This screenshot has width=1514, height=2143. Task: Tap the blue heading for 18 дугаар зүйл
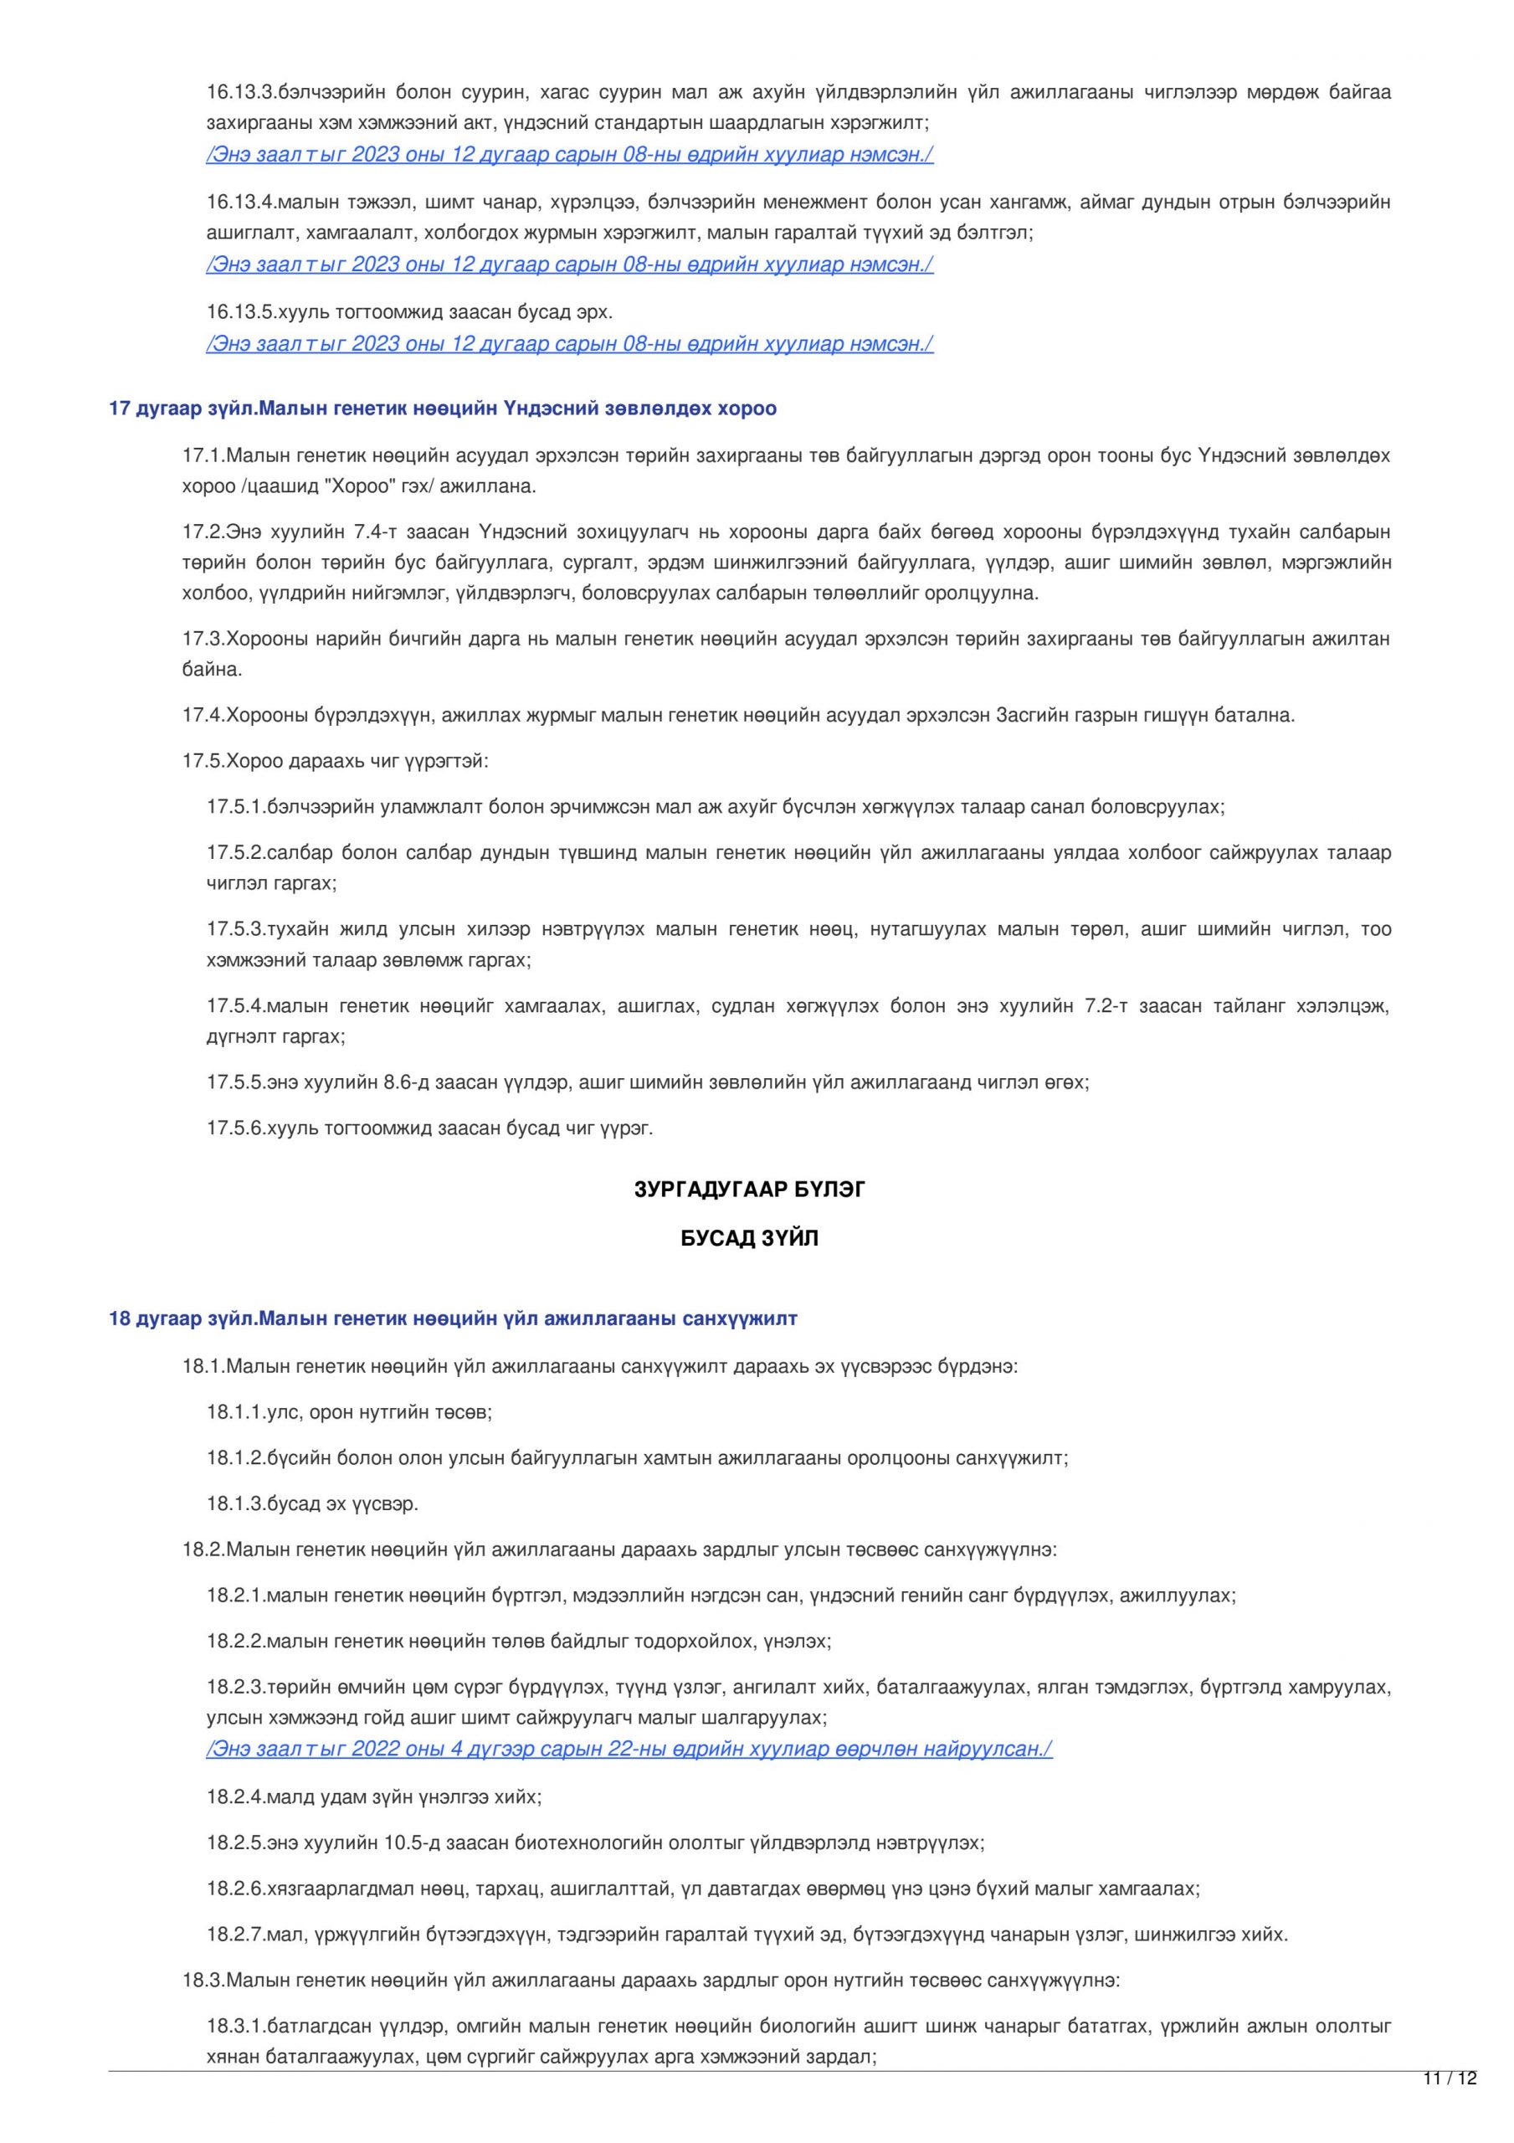[453, 1318]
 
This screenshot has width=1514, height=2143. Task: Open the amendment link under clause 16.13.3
[569, 155]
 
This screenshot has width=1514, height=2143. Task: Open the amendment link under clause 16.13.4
[569, 265]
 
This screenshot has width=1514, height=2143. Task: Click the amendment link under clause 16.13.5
[569, 343]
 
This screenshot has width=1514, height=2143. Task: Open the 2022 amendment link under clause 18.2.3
[629, 1748]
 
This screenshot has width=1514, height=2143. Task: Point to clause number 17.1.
[203, 456]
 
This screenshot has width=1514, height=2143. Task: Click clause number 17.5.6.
[236, 1128]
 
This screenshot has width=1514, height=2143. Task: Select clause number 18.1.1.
[236, 1412]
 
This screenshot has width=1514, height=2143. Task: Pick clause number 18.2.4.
[236, 1796]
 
